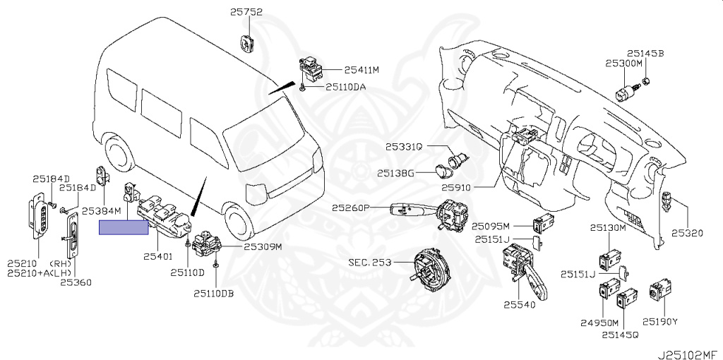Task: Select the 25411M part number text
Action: (362, 71)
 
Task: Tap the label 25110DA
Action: (346, 88)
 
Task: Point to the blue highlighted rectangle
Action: (124, 227)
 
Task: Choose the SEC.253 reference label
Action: (369, 262)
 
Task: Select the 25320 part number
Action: (688, 233)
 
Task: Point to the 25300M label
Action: (623, 63)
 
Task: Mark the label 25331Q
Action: (403, 147)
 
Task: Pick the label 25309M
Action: (263, 247)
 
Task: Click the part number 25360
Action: (75, 282)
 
